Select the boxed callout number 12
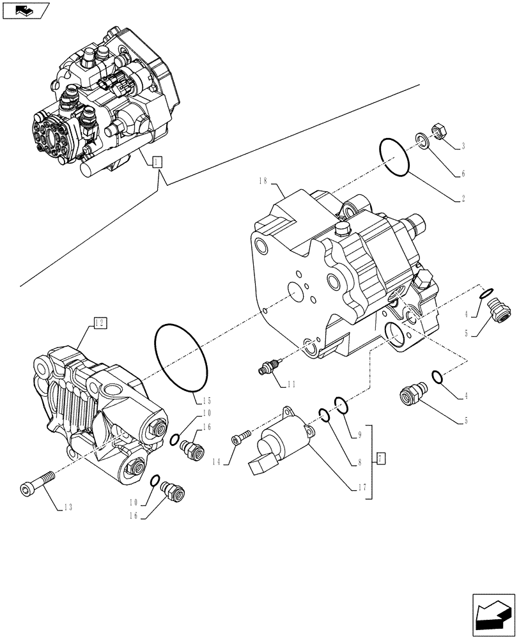tap(99, 323)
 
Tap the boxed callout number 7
tap(381, 458)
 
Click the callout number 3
tap(462, 146)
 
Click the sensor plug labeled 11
tap(268, 367)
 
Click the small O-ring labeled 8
tap(325, 417)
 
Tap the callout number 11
tap(291, 384)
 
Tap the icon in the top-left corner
tap(25, 10)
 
